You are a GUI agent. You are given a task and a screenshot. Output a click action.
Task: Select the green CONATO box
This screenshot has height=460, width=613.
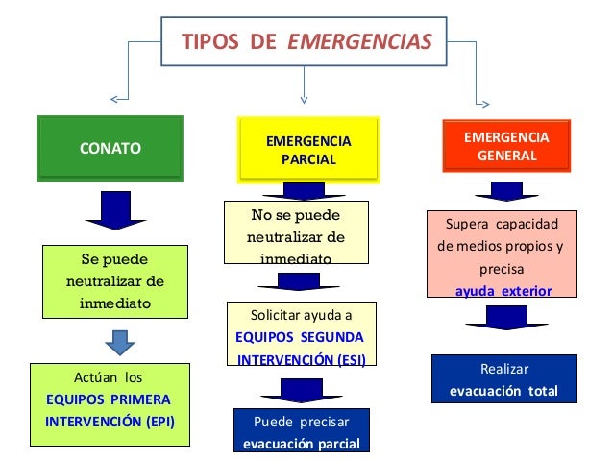(x=110, y=148)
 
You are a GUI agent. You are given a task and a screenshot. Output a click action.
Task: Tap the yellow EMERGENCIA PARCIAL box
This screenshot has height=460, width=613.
(x=308, y=150)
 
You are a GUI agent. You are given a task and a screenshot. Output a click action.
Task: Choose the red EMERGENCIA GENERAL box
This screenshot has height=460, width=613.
(x=506, y=147)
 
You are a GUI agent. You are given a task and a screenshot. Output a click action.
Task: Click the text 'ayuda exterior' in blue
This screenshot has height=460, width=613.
(x=503, y=290)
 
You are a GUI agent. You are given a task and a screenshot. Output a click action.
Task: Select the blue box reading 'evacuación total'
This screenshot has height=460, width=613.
(x=503, y=379)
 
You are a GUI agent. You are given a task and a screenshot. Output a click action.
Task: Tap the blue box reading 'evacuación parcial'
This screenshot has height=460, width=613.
(x=301, y=431)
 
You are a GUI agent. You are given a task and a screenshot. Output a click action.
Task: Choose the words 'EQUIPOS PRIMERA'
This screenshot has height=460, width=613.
(x=108, y=398)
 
